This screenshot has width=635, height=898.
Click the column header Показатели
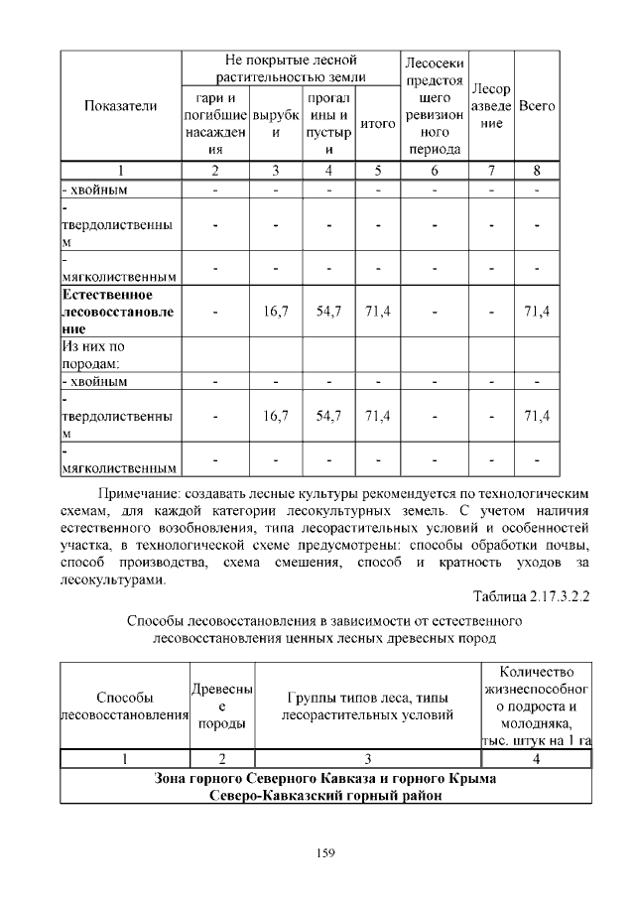120,105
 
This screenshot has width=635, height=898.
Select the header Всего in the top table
537,105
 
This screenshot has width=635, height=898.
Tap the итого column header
377,124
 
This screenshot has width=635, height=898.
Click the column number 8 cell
537,170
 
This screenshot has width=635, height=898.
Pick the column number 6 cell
433,170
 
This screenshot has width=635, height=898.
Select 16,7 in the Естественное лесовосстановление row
276,312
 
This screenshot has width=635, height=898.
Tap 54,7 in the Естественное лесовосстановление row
328,312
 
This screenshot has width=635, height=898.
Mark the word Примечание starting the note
139,491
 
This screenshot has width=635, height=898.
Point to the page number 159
323,851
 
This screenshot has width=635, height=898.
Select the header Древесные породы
221,706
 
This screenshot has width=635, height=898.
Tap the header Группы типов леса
367,706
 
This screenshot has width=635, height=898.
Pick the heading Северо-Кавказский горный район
325,795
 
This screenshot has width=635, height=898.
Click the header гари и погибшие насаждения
215,124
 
